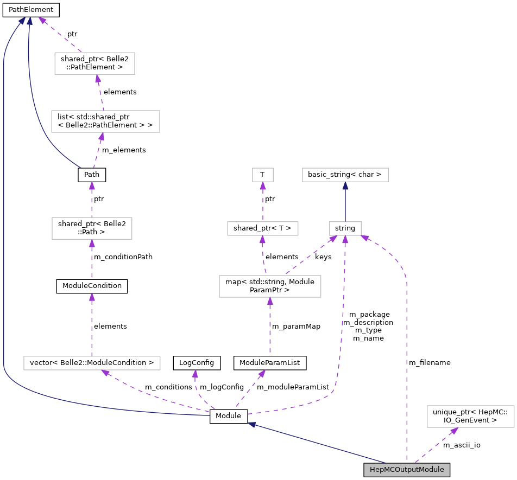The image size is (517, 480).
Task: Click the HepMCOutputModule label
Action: coord(407,470)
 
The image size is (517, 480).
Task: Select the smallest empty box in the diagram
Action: coord(263,175)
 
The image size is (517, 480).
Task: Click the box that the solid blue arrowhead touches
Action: coord(345,175)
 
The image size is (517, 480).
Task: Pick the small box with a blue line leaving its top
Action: coord(345,228)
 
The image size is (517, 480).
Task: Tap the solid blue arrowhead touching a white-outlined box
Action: coord(345,185)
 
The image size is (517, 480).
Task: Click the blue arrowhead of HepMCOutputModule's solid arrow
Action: coord(252,425)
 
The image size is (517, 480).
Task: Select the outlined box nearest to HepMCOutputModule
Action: coord(470,416)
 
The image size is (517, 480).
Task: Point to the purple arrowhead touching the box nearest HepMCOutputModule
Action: coord(453,431)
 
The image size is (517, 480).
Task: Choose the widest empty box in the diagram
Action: coord(92,363)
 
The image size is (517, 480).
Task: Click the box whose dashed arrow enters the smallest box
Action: coord(262,228)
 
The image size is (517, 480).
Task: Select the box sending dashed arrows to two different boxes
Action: coord(270,286)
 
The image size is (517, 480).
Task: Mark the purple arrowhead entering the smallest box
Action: coord(263,185)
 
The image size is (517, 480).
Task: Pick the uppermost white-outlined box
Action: coord(94,63)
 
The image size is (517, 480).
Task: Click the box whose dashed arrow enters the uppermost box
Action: coord(105,121)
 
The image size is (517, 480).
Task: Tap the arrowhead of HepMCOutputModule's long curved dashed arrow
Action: coord(365,237)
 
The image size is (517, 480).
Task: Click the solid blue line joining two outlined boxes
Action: coord(345,203)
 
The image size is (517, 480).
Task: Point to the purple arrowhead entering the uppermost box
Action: coord(98,79)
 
